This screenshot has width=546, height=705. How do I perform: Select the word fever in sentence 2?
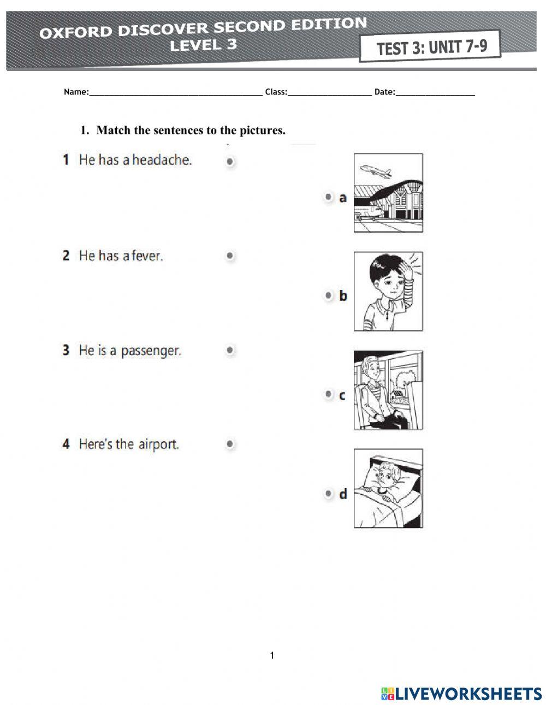click(147, 256)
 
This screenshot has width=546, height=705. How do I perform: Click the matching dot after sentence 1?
click(230, 162)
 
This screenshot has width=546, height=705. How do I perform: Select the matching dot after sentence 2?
click(230, 256)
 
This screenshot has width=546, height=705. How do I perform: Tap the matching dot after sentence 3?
click(230, 350)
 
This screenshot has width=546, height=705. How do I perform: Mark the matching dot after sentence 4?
click(230, 445)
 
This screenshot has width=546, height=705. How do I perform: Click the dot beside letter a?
click(328, 197)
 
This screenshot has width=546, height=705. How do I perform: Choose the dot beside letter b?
click(328, 295)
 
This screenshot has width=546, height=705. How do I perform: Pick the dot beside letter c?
click(328, 394)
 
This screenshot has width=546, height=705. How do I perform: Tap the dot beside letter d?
click(328, 494)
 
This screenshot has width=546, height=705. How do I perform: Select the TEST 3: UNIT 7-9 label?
click(431, 48)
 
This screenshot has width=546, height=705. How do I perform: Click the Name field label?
click(76, 92)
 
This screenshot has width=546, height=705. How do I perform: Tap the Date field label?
click(384, 92)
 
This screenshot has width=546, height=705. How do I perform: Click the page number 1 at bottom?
click(272, 655)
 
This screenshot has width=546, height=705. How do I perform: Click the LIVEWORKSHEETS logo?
click(461, 693)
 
